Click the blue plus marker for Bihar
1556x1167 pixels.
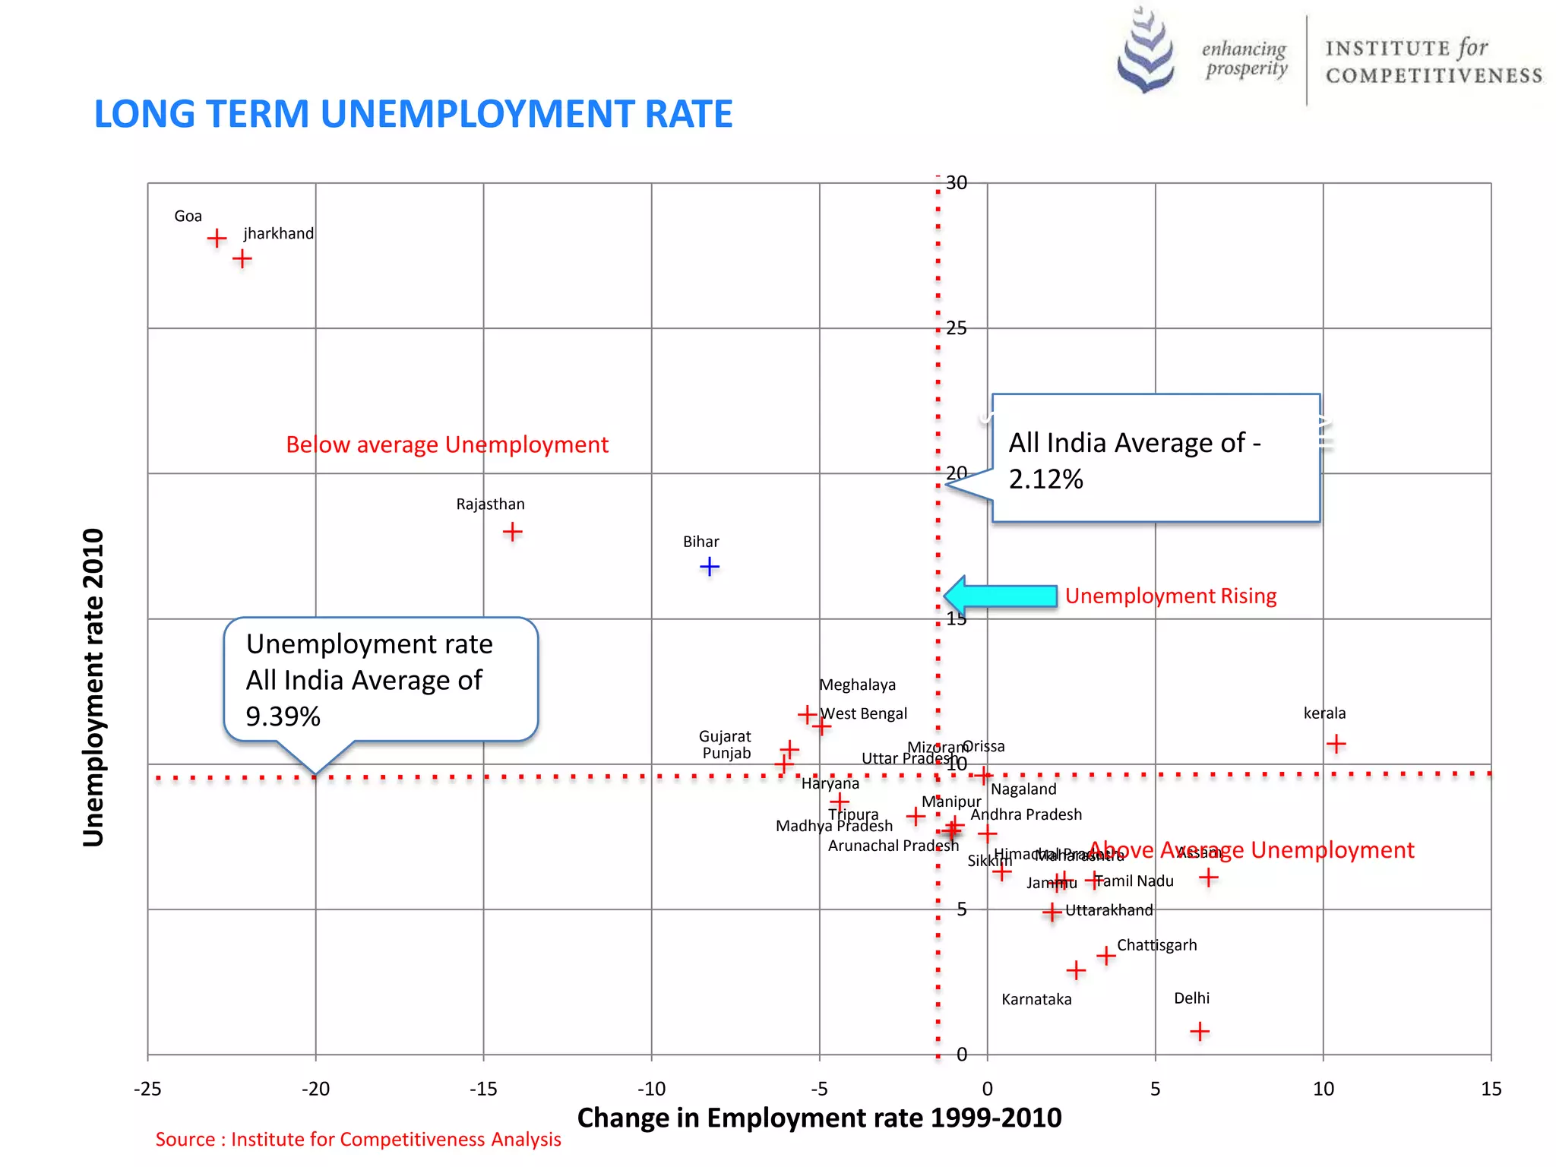point(709,567)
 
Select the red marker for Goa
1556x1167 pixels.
point(217,239)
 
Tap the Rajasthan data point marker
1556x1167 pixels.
point(513,532)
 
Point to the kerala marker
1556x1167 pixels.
point(1336,744)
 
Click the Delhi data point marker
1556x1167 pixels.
point(1200,1032)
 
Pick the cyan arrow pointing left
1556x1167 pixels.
point(1001,596)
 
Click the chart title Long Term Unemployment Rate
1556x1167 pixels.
point(413,115)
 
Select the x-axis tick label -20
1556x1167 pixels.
point(315,1090)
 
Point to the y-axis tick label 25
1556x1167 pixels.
point(957,328)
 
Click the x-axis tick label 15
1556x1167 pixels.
point(1491,1090)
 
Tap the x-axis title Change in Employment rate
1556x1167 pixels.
point(819,1118)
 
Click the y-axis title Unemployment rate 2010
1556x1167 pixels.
point(93,688)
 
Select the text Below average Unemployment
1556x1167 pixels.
point(447,444)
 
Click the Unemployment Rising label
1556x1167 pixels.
point(1170,596)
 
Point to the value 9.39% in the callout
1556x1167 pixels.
point(283,716)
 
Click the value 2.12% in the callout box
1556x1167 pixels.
point(1045,479)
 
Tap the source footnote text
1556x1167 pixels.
point(358,1140)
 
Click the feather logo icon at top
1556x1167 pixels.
point(1146,51)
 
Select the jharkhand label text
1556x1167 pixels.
point(278,234)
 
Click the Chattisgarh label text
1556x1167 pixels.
point(1156,945)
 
